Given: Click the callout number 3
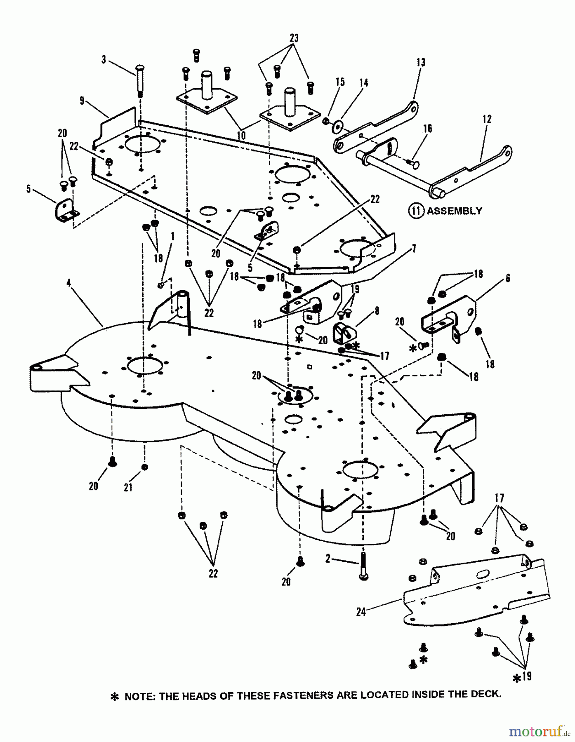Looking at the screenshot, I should tap(104, 60).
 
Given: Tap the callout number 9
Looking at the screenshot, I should tap(82, 100).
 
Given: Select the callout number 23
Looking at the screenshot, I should tap(294, 38).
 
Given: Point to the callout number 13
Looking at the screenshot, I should tap(421, 62).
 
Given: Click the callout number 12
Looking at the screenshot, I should tap(487, 119).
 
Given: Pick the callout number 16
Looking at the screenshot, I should tap(427, 129).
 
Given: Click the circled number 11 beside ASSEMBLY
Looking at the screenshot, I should tap(416, 211).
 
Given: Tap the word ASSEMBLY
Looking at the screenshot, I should tap(454, 211).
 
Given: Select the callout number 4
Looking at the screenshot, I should tap(69, 283).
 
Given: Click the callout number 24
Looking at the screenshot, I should tap(361, 612).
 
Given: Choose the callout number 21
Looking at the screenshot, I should tap(128, 487).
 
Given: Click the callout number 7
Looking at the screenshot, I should tap(414, 249).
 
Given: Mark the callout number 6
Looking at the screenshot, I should tap(508, 278).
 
